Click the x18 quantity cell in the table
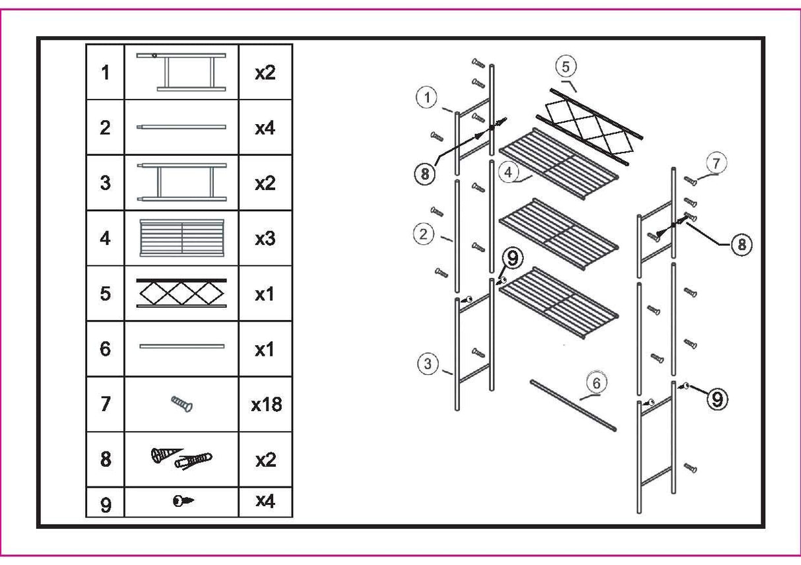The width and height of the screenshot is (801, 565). pyautogui.click(x=265, y=404)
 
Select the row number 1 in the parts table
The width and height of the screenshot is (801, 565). pyautogui.click(x=105, y=73)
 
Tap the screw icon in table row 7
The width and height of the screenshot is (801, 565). pyautogui.click(x=181, y=404)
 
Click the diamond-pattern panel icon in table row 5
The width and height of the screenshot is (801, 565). pyautogui.click(x=181, y=293)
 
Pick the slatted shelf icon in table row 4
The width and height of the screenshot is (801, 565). pyautogui.click(x=181, y=238)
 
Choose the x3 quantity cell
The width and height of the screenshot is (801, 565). pyautogui.click(x=265, y=238)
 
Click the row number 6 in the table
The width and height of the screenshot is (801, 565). pyautogui.click(x=105, y=349)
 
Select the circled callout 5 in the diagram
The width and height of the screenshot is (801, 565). pyautogui.click(x=565, y=66)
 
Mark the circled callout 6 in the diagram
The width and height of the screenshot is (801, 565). pyautogui.click(x=596, y=382)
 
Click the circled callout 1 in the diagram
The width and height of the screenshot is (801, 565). pyautogui.click(x=428, y=98)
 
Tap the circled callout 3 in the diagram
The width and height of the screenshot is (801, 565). pyautogui.click(x=428, y=363)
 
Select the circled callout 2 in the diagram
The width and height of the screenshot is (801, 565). pyautogui.click(x=425, y=233)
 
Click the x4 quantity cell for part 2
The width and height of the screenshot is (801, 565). pyautogui.click(x=265, y=127)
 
